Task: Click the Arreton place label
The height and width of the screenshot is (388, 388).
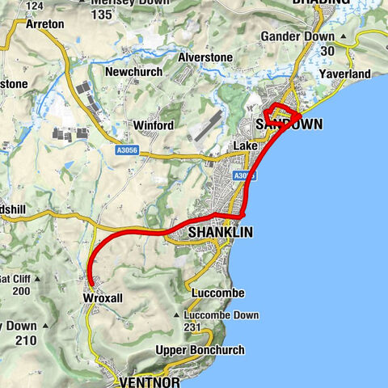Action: [44, 24]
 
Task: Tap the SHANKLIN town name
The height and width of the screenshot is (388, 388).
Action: [220, 232]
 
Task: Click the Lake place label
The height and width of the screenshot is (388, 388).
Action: [244, 145]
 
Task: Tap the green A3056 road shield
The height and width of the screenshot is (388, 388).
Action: [124, 149]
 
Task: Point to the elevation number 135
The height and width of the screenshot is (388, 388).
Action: [102, 15]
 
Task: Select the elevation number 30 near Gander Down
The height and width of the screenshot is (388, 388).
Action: [327, 50]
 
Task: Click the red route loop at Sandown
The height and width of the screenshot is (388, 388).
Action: [282, 114]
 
